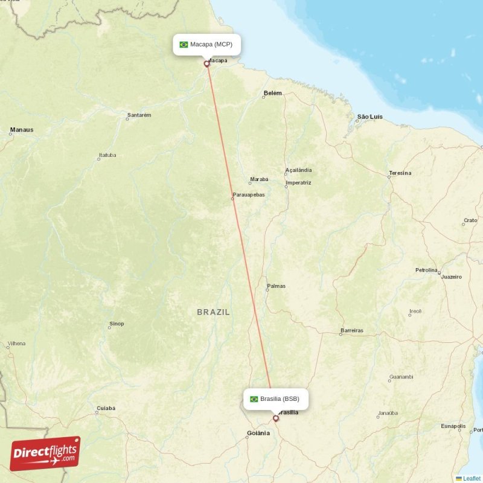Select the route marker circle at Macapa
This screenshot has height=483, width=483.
pyautogui.click(x=207, y=63)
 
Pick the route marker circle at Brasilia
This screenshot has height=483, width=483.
pyautogui.click(x=276, y=418)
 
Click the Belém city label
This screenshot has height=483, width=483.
pyautogui.click(x=272, y=94)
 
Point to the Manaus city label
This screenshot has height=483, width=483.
pyautogui.click(x=22, y=130)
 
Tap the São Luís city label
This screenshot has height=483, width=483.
pyautogui.click(x=370, y=116)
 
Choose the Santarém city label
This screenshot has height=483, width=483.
pyautogui.click(x=139, y=115)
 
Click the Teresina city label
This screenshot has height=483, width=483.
pyautogui.click(x=400, y=173)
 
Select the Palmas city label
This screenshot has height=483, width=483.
pyautogui.click(x=276, y=286)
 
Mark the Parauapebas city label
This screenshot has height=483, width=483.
pyautogui.click(x=248, y=194)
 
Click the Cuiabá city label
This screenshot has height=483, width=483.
pyautogui.click(x=106, y=408)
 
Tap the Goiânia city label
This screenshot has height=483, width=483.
pyautogui.click(x=258, y=433)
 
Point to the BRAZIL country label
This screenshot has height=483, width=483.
pyautogui.click(x=213, y=312)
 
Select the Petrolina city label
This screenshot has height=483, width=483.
pyautogui.click(x=426, y=270)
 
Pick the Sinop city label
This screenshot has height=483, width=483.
pyautogui.click(x=117, y=324)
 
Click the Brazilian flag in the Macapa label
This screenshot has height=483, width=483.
pyautogui.click(x=184, y=45)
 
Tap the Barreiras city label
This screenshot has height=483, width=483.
pyautogui.click(x=352, y=331)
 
